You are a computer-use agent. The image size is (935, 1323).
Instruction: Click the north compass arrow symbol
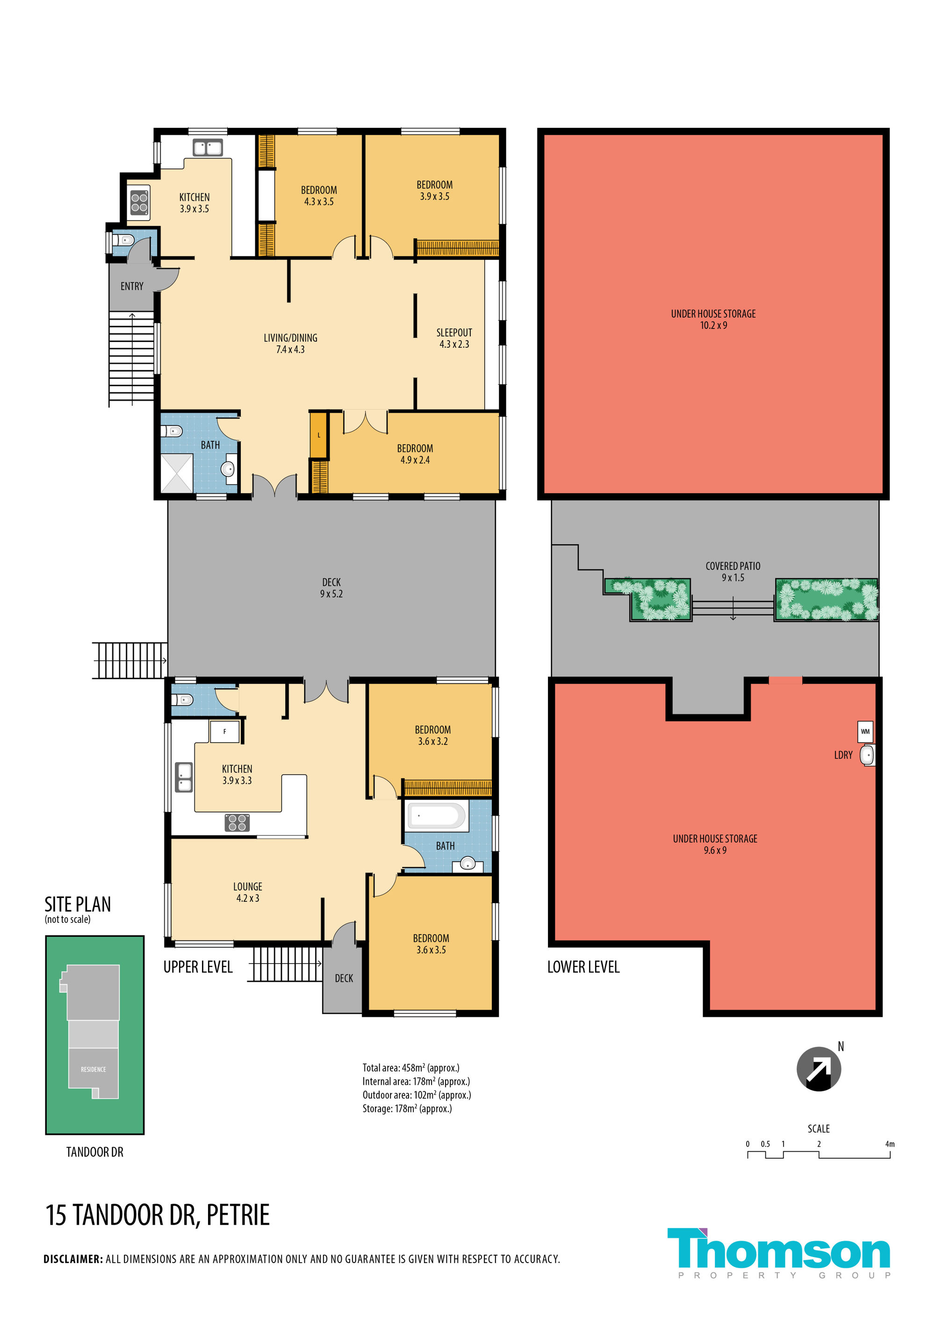point(818,1069)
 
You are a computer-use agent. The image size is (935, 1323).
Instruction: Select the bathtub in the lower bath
point(436,816)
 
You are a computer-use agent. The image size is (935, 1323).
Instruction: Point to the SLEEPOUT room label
point(454,338)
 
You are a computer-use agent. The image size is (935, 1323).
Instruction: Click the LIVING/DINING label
point(290,344)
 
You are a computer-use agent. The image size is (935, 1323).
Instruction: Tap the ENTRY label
point(132,286)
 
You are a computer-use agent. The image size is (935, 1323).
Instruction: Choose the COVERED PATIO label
point(733,571)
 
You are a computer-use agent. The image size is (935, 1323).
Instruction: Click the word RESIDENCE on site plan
point(93,1069)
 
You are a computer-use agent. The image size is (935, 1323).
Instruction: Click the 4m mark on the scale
point(890,1144)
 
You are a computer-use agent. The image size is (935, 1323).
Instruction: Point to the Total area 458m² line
point(410,1068)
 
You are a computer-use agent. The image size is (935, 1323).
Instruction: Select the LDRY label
point(843,755)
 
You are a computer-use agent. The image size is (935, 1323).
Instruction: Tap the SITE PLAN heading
point(78,904)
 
